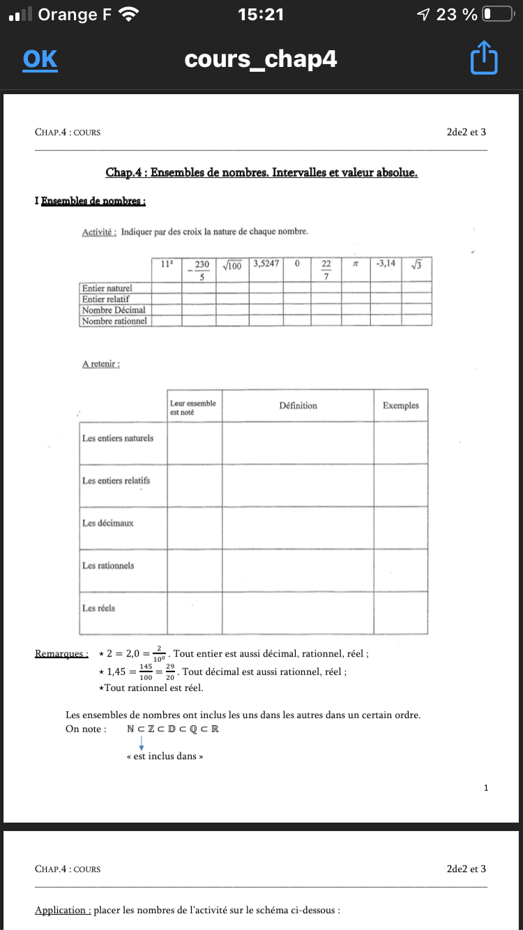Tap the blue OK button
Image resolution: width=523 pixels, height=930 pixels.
(40, 59)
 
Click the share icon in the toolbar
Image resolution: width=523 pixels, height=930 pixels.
(485, 59)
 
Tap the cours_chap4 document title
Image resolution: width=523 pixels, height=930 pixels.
(261, 59)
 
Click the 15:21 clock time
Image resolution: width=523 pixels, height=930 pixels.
(261, 14)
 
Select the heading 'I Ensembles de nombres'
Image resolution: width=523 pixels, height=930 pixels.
(90, 201)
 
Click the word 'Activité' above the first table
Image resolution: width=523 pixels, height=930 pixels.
(99, 231)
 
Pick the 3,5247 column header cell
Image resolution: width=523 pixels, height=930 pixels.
(266, 264)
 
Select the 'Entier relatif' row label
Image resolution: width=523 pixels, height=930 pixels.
(106, 298)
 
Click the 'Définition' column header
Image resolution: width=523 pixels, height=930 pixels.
(298, 406)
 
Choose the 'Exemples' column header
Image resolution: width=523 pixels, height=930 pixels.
(400, 406)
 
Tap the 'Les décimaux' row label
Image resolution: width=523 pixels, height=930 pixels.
(107, 523)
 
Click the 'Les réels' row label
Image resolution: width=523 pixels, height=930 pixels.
(99, 608)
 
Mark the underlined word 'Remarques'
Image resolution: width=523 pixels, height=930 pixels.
(61, 654)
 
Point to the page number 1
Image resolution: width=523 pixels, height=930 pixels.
(485, 788)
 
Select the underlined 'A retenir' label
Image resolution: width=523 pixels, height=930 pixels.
(101, 364)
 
